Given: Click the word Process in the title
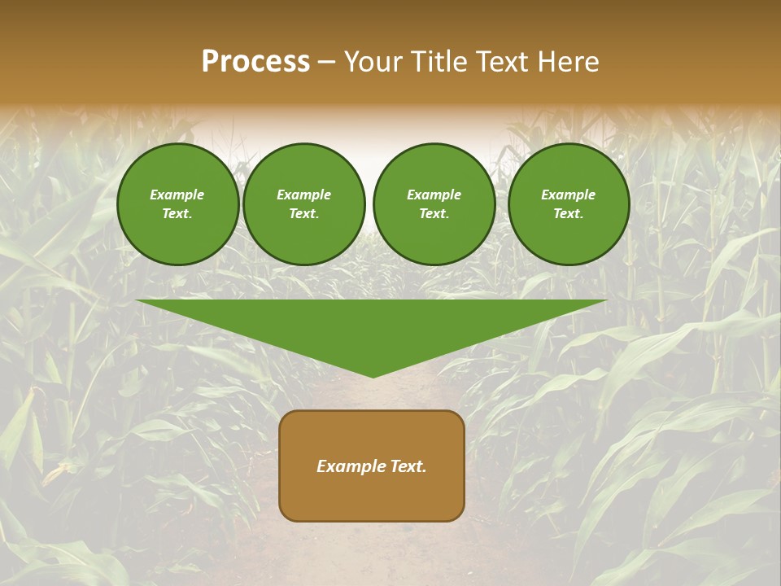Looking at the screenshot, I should coord(255,62).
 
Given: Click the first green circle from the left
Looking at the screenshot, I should coord(178,204).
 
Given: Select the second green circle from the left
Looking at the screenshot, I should coord(304,204).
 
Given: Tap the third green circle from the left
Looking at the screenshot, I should coord(434,204).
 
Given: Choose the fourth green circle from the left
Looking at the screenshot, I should coord(569,204).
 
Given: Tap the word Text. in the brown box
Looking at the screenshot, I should coord(408,466).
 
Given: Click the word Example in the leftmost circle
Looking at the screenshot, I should coord(177,195).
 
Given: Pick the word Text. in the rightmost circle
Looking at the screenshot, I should coord(569,214).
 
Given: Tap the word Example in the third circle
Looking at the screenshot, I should coord(434,195).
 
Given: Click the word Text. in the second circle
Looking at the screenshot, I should coord(304,214).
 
